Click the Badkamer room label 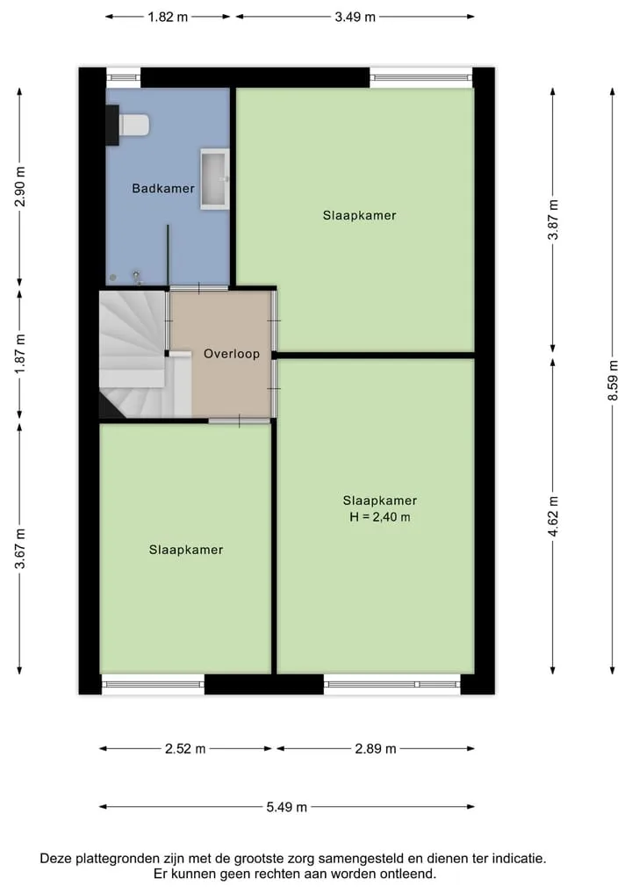[163, 188]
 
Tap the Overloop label [231, 354]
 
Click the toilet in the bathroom [129, 126]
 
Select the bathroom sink [215, 179]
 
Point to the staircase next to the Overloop [145, 354]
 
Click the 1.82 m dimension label [168, 17]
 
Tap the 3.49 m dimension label [355, 17]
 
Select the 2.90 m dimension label [20, 186]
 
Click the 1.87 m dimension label [20, 354]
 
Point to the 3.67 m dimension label [20, 549]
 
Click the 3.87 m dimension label [553, 220]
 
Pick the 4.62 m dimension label [553, 516]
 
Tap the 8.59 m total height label [613, 380]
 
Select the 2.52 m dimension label [185, 748]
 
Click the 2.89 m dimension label [375, 748]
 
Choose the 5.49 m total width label [286, 807]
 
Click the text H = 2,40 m [380, 517]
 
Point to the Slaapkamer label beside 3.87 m [359, 215]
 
